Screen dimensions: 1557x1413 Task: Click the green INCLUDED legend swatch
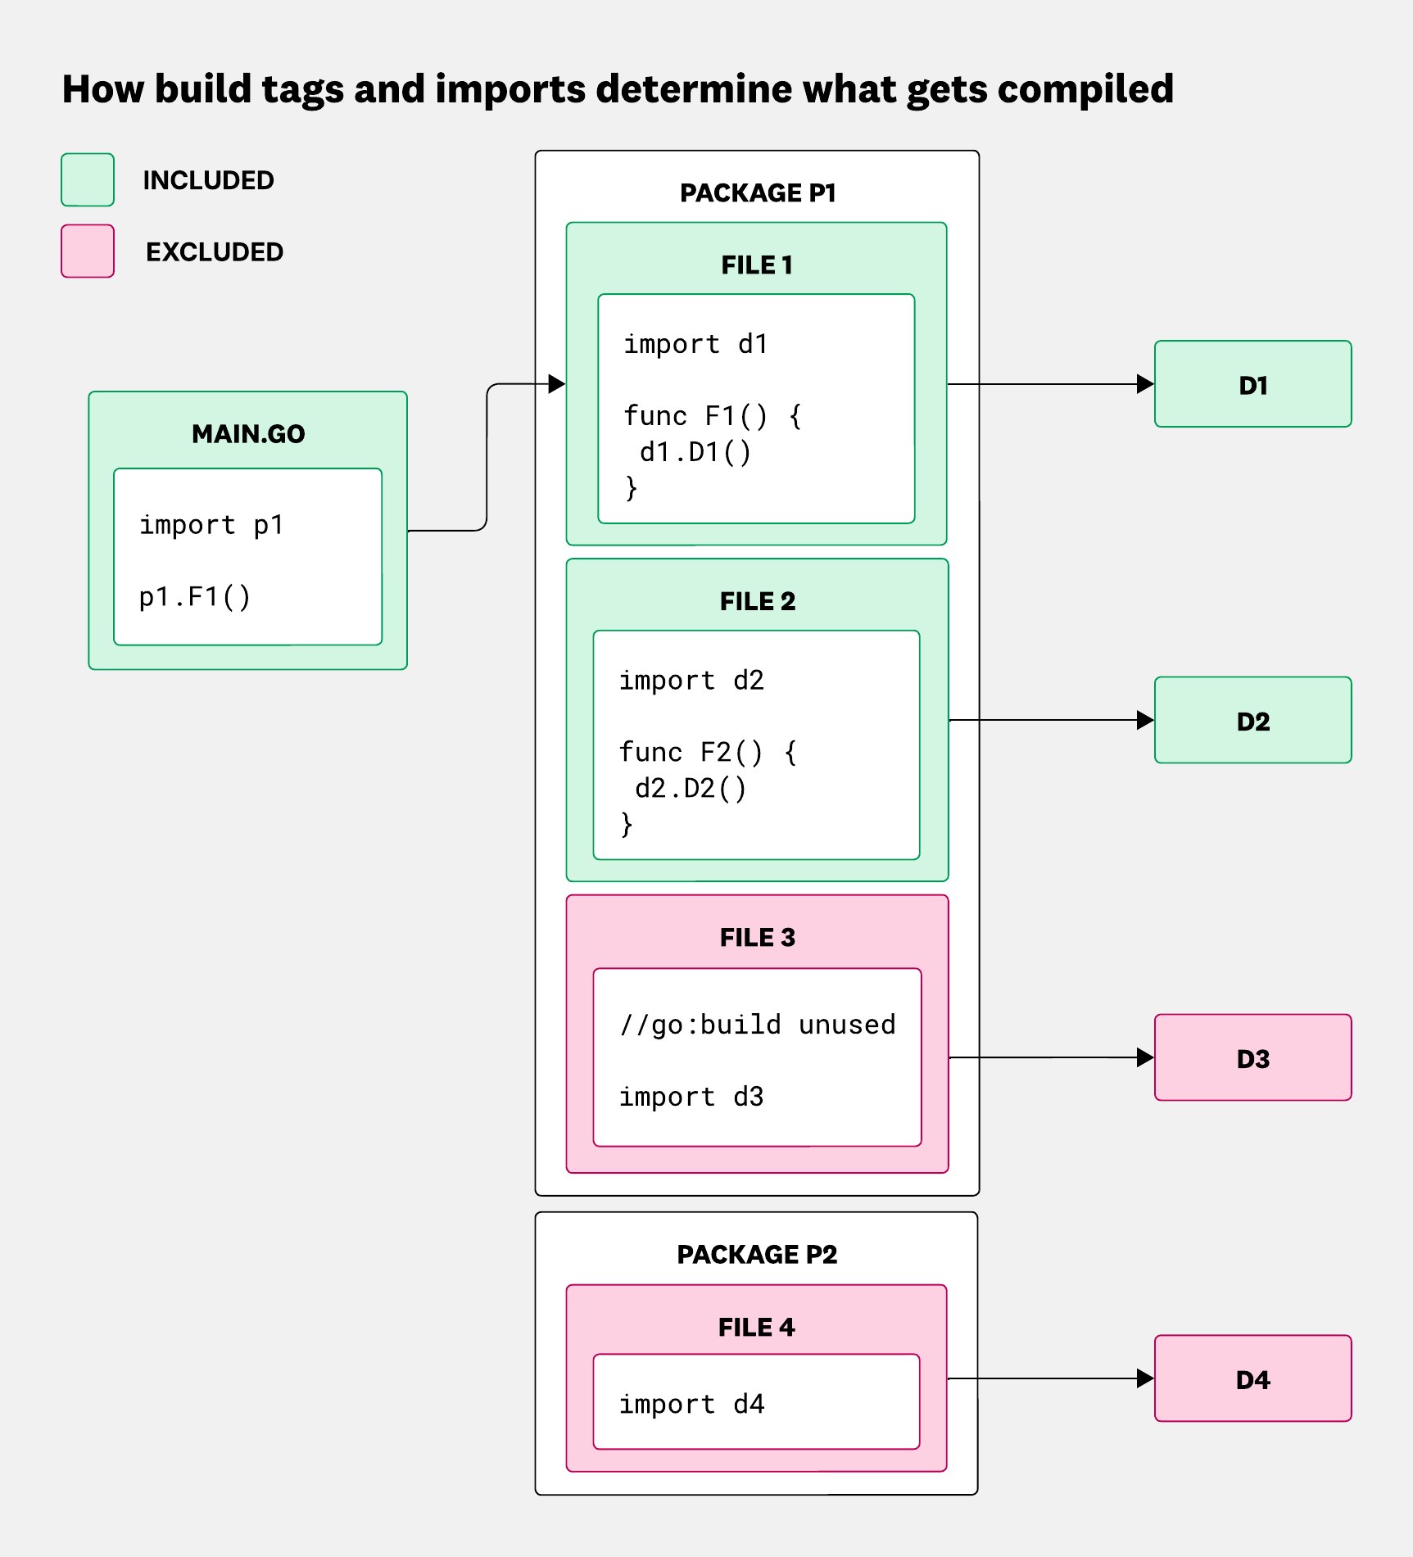pos(88,179)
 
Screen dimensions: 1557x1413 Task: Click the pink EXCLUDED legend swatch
pos(88,251)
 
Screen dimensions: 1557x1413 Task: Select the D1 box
pos(1252,384)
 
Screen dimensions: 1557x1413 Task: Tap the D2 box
pos(1252,720)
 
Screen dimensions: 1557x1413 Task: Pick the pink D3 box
pos(1252,1057)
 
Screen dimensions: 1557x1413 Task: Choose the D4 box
pos(1252,1378)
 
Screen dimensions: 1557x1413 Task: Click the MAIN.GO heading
pos(248,433)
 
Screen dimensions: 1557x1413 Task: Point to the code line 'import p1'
pos(211,525)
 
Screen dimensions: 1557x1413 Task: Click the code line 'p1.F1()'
pos(194,597)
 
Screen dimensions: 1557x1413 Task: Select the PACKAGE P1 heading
pos(758,192)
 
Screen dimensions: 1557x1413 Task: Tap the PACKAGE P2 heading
pos(757,1254)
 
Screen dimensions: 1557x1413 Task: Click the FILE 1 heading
pos(757,265)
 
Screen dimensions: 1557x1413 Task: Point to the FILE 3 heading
pos(757,937)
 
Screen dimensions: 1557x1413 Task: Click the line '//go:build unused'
pos(757,1025)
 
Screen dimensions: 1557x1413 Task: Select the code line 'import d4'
pos(691,1404)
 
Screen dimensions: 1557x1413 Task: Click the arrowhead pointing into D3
pos(1145,1057)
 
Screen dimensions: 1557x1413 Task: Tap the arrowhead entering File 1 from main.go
pos(557,383)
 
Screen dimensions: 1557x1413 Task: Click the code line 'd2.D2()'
pos(691,788)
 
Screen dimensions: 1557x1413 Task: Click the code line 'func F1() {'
pos(712,416)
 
